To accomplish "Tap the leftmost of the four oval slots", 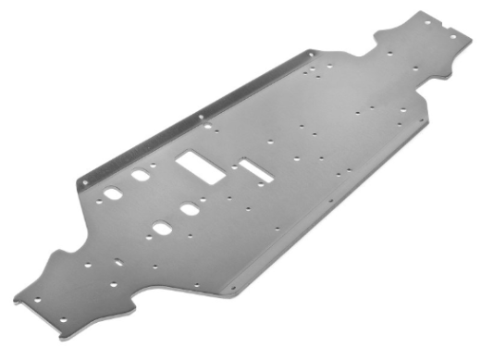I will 113,193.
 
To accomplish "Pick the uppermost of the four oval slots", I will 141,176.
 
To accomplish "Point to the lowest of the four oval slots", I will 161,228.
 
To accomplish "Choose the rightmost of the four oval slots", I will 190,209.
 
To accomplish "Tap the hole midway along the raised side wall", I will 201,117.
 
